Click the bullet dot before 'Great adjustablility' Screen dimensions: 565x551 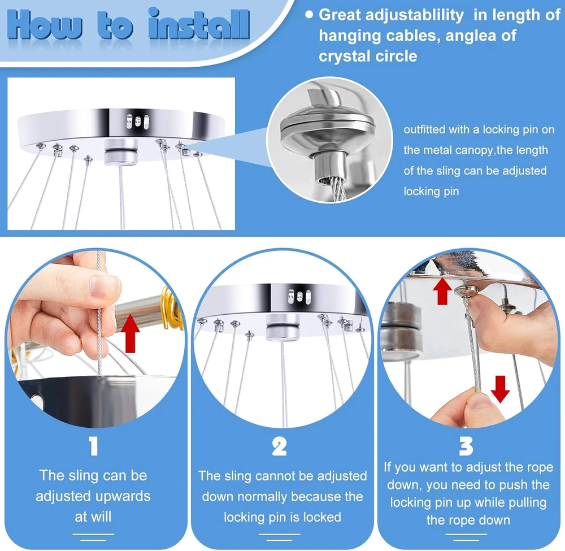click(309, 15)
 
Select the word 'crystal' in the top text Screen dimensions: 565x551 click(344, 56)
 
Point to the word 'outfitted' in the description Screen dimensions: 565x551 click(424, 129)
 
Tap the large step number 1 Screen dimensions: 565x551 click(94, 446)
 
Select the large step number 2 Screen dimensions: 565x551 click(279, 446)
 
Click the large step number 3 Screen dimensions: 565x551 click(466, 446)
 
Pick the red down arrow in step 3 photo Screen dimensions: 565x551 click(500, 389)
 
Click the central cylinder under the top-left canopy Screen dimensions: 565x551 click(121, 152)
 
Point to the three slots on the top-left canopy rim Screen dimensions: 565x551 click(137, 122)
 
